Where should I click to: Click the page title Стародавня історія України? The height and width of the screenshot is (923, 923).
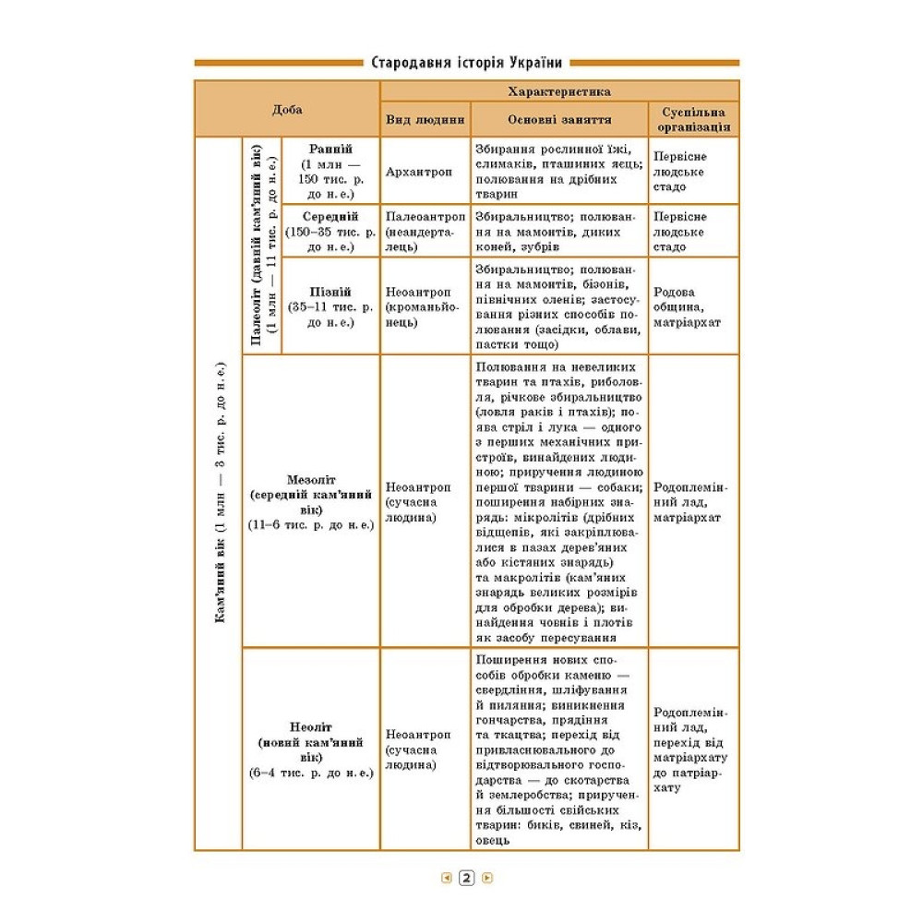click(466, 64)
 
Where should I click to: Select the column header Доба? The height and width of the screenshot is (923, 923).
click(287, 109)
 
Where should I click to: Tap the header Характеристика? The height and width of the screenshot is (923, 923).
click(559, 91)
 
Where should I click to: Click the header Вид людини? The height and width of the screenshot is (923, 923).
click(425, 120)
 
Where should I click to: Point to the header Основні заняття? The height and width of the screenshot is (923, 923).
click(559, 120)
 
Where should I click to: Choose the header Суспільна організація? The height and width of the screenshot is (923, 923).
click(693, 120)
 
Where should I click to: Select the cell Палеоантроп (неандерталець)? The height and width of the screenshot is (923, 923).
click(425, 231)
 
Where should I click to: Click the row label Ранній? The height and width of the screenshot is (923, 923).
click(330, 149)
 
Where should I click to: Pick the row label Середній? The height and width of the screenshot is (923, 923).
click(330, 216)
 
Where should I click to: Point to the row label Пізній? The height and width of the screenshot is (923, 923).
click(330, 290)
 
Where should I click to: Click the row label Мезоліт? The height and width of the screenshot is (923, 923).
click(311, 481)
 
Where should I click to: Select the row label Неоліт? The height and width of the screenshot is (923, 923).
click(311, 726)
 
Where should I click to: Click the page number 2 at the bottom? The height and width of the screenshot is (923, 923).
click(466, 879)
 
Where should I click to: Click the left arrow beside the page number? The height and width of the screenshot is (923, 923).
click(446, 879)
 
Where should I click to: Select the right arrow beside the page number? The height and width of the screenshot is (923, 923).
click(487, 879)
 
